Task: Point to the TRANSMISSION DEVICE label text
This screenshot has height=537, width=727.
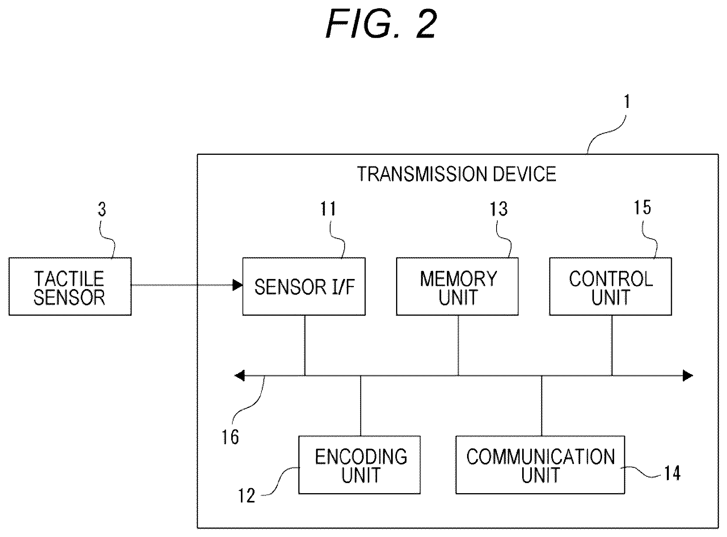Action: pos(456,174)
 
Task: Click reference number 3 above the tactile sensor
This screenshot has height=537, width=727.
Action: pos(102,209)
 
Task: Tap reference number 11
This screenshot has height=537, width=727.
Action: pos(328,209)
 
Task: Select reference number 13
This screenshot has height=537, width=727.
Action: pos(499,209)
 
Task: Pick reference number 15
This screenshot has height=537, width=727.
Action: pos(642,208)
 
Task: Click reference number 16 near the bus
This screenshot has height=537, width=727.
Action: pos(230,437)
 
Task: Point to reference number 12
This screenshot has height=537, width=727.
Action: pos(246,496)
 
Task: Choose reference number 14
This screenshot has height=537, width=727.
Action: pos(672,473)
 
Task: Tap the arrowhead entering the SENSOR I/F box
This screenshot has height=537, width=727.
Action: pos(238,286)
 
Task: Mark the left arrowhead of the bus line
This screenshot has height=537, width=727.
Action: pos(240,376)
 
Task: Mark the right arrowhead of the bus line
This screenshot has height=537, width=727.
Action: pos(688,376)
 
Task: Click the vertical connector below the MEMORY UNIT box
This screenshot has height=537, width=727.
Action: pos(459,345)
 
